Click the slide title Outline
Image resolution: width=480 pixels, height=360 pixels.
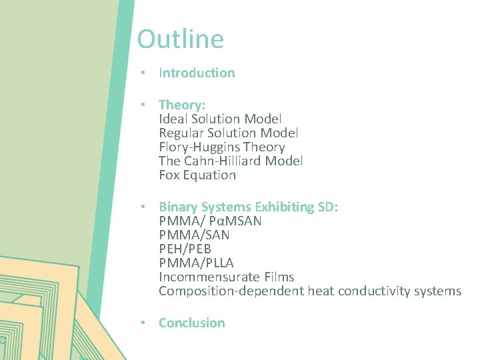pos(181,39)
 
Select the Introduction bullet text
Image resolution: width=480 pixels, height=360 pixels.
pos(197,73)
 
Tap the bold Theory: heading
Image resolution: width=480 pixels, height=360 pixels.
pos(183,105)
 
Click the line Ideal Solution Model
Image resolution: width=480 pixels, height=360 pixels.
pos(220,119)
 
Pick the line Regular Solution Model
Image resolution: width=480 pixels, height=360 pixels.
pos(228,133)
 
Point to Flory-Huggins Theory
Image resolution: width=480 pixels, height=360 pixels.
pos(222,147)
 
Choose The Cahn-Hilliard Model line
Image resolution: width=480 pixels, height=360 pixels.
pos(231,161)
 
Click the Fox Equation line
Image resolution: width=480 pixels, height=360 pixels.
pos(197,175)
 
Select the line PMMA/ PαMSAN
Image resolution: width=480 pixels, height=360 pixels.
pos(210,221)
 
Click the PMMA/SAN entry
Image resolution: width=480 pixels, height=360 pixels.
pos(194,235)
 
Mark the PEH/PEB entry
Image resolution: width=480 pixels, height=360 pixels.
pos(185,249)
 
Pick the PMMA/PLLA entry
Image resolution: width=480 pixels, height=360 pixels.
pos(196,263)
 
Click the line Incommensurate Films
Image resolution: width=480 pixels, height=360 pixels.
pos(226,277)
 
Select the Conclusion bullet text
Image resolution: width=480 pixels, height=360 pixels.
pos(191,323)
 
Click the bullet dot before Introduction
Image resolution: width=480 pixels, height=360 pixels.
pos(143,73)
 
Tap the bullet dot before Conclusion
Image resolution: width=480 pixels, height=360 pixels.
pos(143,323)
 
